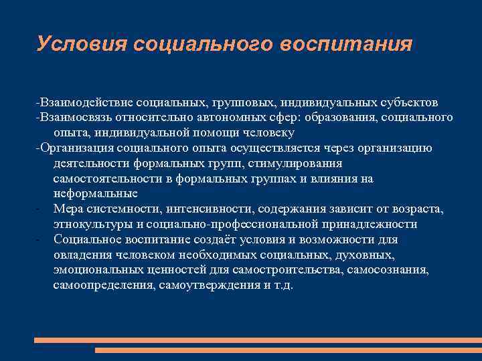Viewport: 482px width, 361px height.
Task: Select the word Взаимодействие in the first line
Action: (86, 102)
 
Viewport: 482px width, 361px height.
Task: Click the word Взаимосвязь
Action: (78, 118)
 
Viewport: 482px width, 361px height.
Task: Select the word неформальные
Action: (95, 194)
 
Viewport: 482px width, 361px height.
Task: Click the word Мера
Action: (68, 209)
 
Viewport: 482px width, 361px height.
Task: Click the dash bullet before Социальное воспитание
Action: (41, 240)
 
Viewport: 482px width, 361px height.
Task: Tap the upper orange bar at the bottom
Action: (258, 340)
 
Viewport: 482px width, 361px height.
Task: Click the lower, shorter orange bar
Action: (288, 350)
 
